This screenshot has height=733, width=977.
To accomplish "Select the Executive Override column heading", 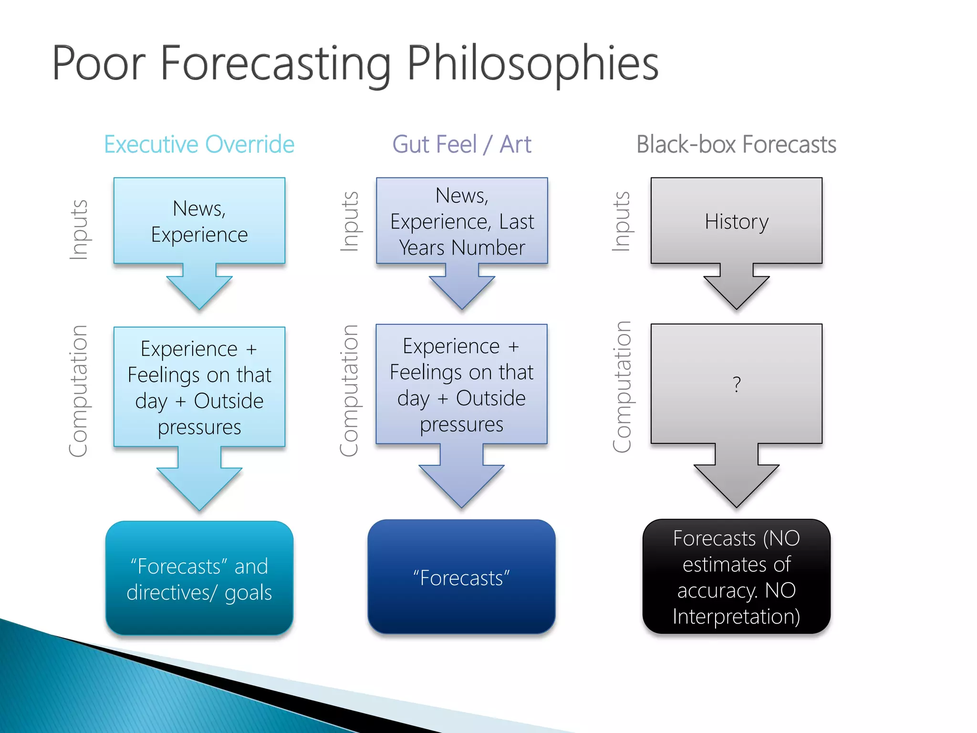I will (x=199, y=144).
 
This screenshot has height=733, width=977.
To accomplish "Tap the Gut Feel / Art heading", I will (x=461, y=144).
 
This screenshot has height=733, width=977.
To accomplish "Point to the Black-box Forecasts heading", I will (x=736, y=144).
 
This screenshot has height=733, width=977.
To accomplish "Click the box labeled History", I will (x=736, y=221).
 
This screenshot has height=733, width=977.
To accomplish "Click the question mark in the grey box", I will (x=737, y=384).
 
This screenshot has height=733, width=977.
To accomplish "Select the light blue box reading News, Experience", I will (x=199, y=221).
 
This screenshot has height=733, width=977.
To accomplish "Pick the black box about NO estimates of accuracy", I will (x=736, y=576).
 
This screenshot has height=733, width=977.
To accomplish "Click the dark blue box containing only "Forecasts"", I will (x=461, y=577).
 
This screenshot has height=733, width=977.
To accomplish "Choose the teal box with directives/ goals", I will (x=199, y=578).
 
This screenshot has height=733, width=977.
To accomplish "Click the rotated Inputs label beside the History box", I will (x=621, y=221).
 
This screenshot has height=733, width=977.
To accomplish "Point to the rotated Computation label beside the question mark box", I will (x=622, y=387).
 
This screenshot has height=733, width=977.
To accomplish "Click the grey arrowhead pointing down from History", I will (x=736, y=291).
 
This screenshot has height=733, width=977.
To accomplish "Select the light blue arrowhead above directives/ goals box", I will (x=199, y=487).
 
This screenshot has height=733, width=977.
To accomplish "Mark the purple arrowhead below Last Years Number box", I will (x=461, y=291).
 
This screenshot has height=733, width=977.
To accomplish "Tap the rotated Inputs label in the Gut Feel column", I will (x=350, y=221).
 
